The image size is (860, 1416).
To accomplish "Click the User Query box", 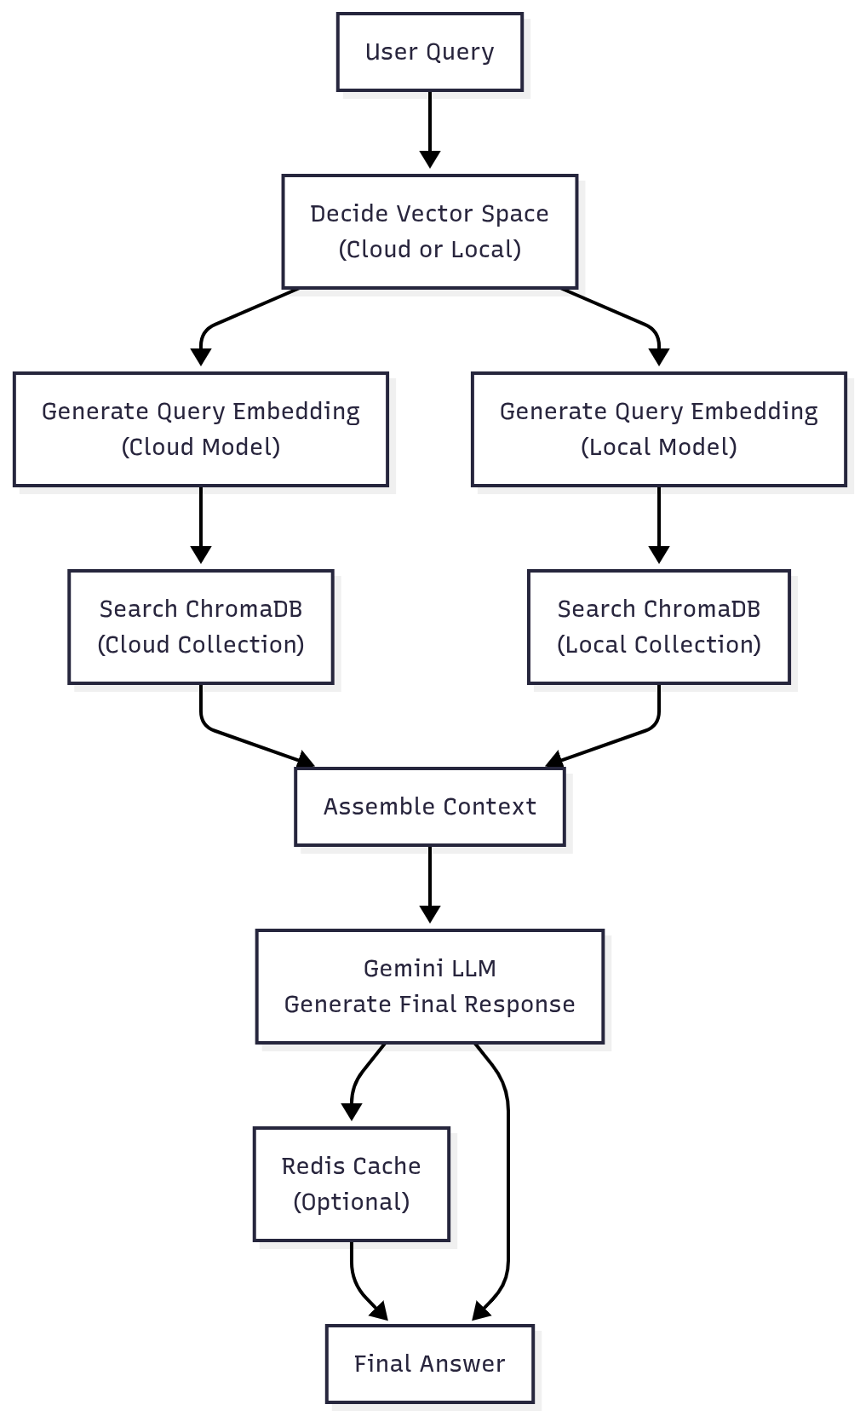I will [x=429, y=52].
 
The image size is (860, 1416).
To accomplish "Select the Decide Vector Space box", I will [x=429, y=232].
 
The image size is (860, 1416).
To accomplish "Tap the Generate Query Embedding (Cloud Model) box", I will [x=201, y=429].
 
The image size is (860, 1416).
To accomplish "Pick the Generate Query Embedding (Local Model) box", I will [x=658, y=429].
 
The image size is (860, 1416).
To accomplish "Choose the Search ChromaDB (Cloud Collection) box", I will [x=201, y=627].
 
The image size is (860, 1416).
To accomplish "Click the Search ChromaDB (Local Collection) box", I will [x=658, y=627].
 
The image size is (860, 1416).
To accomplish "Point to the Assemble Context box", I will [x=429, y=807].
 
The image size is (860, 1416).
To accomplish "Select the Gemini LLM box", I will [x=429, y=987].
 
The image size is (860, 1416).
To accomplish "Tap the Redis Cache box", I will [x=351, y=1184].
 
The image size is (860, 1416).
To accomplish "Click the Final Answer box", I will [x=429, y=1364].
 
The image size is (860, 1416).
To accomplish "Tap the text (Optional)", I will [x=351, y=1202].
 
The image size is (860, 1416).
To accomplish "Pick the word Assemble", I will [x=369, y=807].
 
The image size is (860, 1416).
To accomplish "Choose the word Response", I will [x=526, y=1004].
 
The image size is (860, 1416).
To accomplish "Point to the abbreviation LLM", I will [x=475, y=969].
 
